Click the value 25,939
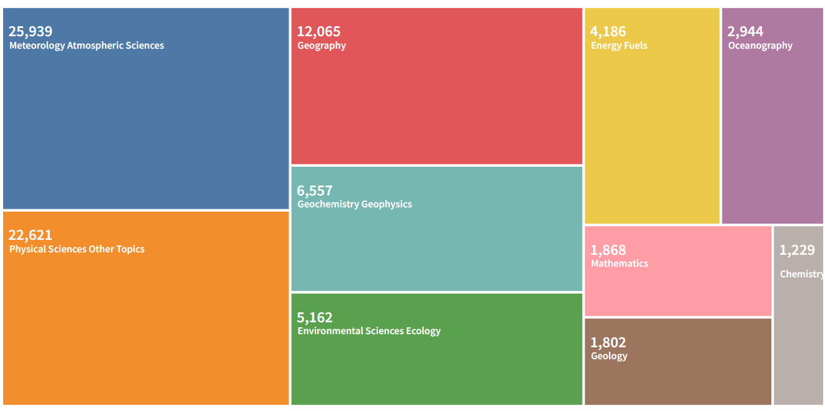click(31, 31)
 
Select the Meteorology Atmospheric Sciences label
click(87, 46)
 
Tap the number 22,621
click(31, 235)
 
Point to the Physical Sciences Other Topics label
click(77, 249)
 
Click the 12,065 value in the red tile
click(319, 31)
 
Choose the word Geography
click(322, 46)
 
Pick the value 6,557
click(315, 191)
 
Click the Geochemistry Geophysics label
click(355, 204)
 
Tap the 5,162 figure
click(315, 317)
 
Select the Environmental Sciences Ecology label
click(369, 331)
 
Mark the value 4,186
click(608, 31)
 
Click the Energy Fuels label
click(619, 46)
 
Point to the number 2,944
click(745, 31)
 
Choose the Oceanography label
click(760, 46)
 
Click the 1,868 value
click(608, 250)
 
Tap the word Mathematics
click(620, 264)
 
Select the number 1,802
click(608, 342)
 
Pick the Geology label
click(609, 356)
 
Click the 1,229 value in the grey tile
click(797, 250)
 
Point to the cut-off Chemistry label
click(802, 274)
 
